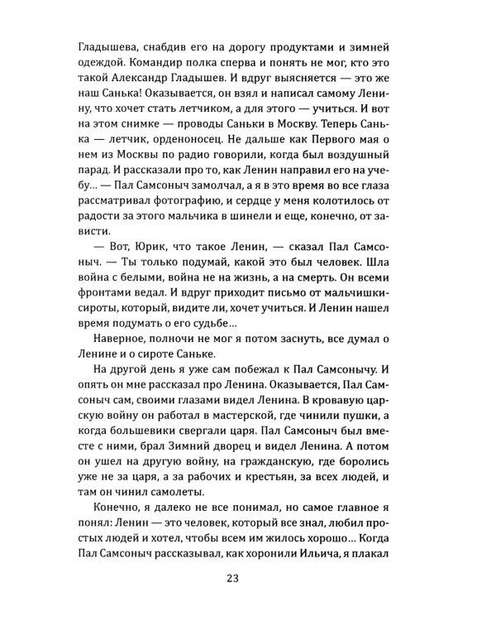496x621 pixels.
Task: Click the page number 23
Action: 248,579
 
